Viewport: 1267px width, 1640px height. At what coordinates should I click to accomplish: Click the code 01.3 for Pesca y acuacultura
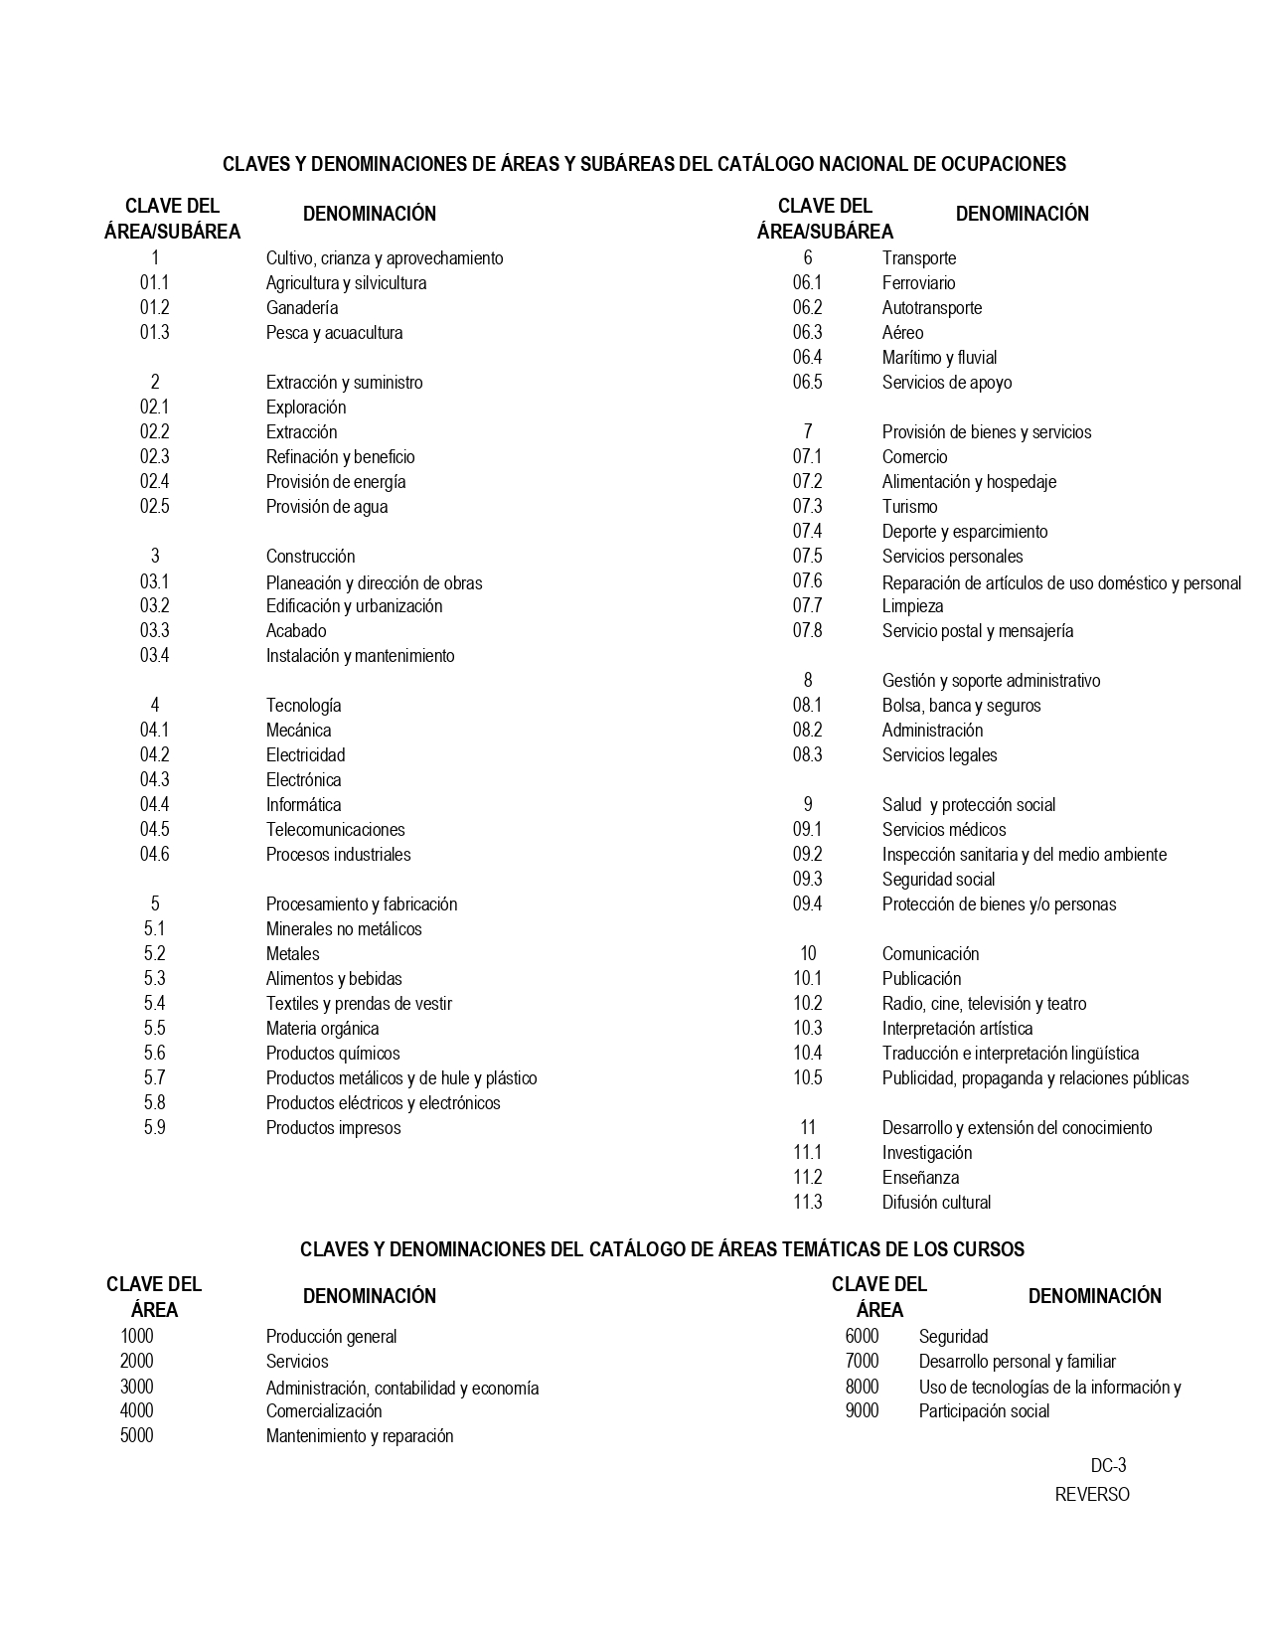[154, 333]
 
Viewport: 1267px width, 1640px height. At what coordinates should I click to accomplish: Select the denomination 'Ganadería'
[302, 308]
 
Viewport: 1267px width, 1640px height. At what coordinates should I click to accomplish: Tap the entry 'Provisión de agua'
[327, 507]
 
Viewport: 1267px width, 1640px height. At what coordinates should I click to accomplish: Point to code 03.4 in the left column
[154, 656]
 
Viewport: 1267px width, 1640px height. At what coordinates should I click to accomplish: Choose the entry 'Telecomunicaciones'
[335, 830]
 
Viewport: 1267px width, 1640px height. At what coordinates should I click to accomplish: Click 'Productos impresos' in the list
[333, 1128]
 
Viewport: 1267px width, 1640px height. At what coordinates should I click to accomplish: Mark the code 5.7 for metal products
[154, 1078]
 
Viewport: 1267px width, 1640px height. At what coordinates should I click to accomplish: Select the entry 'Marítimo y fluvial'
[939, 358]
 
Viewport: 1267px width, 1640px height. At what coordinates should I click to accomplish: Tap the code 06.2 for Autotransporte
[807, 308]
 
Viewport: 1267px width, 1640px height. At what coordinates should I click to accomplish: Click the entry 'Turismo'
[909, 507]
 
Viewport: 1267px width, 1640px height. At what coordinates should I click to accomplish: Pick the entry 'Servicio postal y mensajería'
[978, 631]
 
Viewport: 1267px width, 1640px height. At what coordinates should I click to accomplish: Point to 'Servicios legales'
[939, 755]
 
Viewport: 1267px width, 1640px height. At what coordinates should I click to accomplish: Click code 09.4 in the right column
[807, 904]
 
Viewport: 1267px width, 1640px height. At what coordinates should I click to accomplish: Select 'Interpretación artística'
[957, 1029]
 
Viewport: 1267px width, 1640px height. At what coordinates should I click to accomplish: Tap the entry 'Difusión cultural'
[936, 1203]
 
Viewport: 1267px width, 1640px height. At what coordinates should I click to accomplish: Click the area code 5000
[137, 1436]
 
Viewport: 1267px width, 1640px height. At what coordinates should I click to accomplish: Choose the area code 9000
[862, 1411]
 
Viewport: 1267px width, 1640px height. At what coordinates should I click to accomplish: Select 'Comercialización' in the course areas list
[324, 1411]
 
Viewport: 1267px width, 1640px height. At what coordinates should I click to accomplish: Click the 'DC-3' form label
[1108, 1466]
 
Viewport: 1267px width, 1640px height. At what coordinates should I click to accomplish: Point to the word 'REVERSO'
[1092, 1495]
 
